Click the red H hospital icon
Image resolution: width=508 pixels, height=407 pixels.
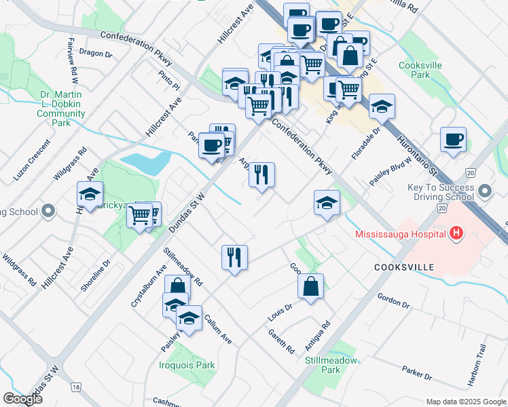point(456,234)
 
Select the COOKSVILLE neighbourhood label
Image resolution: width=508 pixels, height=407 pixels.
point(403,268)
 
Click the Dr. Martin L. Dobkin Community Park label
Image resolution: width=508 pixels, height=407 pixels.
point(61,109)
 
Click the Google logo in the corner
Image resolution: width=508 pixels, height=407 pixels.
point(22,399)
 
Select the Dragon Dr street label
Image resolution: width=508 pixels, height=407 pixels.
point(95,52)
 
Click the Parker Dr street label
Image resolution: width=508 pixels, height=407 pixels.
point(416,373)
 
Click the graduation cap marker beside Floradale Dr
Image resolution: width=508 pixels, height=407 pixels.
point(382,106)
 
